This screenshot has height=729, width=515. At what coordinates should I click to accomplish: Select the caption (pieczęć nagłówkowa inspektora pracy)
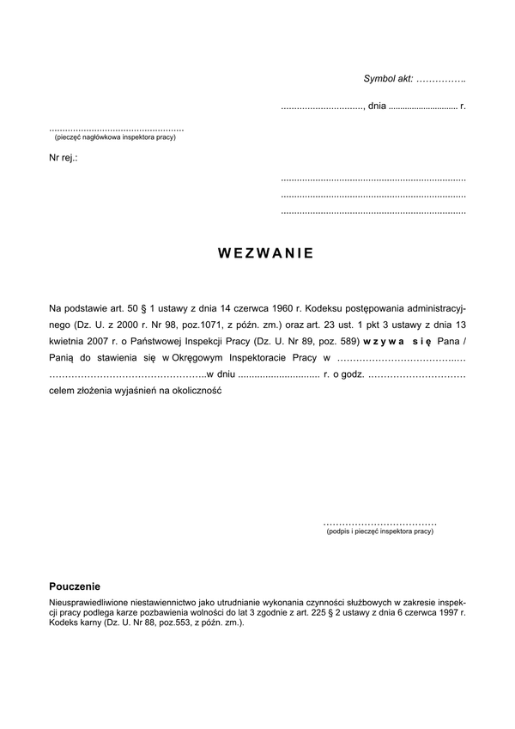[x=114, y=137]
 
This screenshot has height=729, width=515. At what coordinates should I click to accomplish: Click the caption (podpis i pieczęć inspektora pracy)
[x=380, y=532]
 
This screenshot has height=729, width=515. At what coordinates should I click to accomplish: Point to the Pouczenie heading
[x=75, y=586]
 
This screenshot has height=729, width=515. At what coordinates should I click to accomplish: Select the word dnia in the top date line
[x=377, y=106]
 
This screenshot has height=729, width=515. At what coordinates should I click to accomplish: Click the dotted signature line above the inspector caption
[x=380, y=522]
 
